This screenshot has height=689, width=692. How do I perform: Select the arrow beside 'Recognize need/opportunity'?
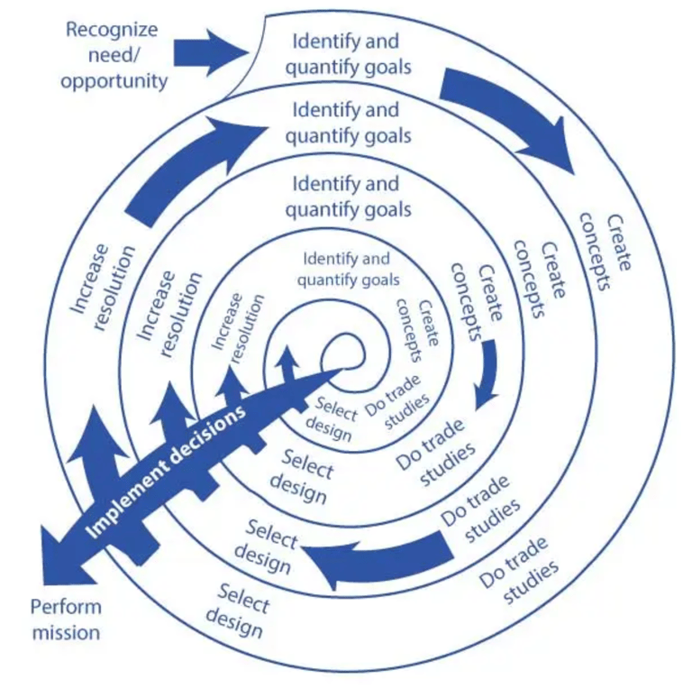click(x=210, y=51)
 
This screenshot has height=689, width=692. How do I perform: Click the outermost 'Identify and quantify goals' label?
click(x=347, y=53)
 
